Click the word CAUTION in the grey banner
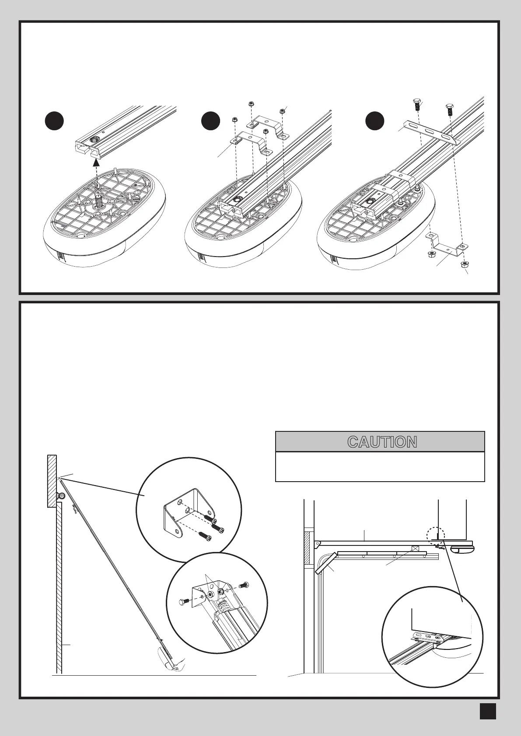click(382, 442)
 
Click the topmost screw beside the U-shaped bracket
click(213, 521)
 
